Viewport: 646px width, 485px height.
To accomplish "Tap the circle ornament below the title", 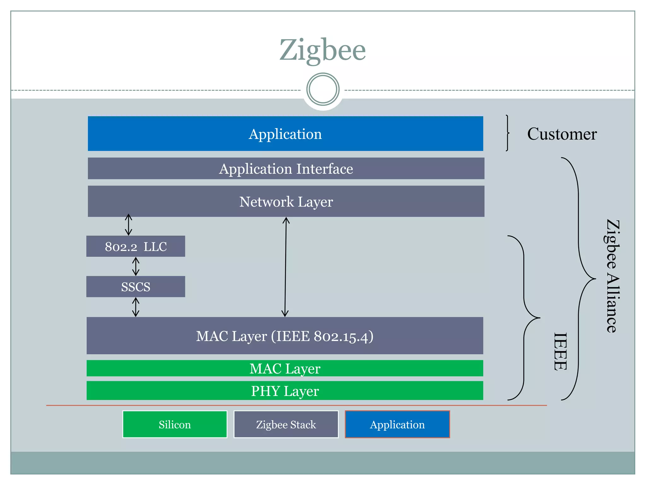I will click(323, 89).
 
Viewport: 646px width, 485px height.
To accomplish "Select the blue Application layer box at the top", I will click(285, 134).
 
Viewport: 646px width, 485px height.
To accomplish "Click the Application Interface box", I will click(286, 168).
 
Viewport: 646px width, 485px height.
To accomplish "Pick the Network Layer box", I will click(286, 201).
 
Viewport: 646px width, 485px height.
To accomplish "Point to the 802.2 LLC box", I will click(136, 246).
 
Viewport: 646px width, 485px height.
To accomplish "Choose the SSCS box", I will click(136, 287).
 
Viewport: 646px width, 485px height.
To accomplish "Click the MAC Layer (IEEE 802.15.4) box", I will click(285, 336).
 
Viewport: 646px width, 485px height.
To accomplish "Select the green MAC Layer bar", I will click(285, 368).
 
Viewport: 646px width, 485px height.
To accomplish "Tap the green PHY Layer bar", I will click(285, 391).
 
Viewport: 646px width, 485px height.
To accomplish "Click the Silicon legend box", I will click(175, 424).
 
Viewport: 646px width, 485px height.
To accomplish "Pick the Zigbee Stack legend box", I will click(286, 424).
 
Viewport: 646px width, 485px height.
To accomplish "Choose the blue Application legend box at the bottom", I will click(397, 424).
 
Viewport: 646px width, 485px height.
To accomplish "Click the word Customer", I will click(562, 134).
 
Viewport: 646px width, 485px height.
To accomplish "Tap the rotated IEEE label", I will click(561, 351).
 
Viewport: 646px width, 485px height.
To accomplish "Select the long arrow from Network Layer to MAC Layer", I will click(285, 267).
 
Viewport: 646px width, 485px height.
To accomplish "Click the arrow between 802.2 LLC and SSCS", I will click(136, 266).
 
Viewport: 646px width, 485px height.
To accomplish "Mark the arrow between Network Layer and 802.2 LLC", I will click(128, 225).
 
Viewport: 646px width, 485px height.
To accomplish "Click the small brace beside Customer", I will click(507, 133).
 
